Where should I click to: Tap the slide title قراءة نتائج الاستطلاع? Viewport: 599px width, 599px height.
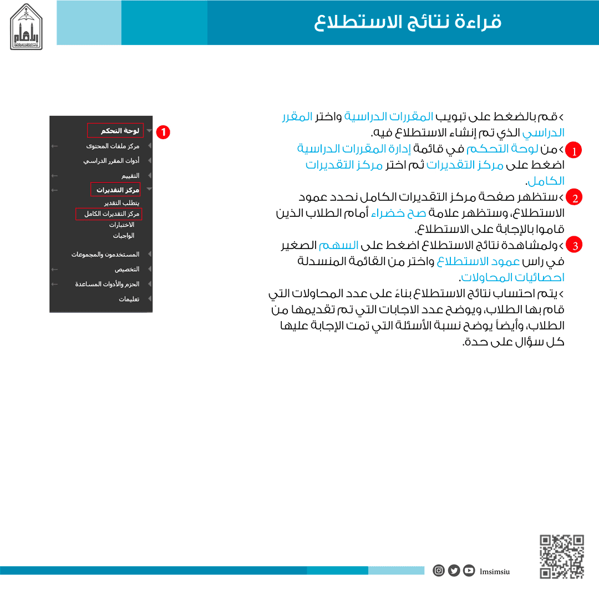(x=408, y=22)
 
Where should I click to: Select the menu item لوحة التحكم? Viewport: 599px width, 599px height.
(x=120, y=131)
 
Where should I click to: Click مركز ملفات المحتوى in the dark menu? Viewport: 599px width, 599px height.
(x=113, y=146)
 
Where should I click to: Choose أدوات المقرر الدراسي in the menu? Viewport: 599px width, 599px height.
(x=111, y=161)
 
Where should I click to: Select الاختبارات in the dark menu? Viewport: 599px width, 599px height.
(x=121, y=225)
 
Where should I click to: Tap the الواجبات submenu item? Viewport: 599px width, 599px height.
(x=124, y=235)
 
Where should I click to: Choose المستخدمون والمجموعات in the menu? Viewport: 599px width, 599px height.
(x=105, y=255)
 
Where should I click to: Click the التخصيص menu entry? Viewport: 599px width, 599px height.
(x=127, y=269)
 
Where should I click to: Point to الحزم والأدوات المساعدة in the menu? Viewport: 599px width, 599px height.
(x=108, y=284)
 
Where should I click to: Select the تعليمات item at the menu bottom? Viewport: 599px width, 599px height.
(x=129, y=299)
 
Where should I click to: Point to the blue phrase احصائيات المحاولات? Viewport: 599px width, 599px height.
(x=513, y=277)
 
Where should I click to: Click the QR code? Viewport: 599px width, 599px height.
(x=562, y=556)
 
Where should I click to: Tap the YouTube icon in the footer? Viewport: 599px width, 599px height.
(x=469, y=570)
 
